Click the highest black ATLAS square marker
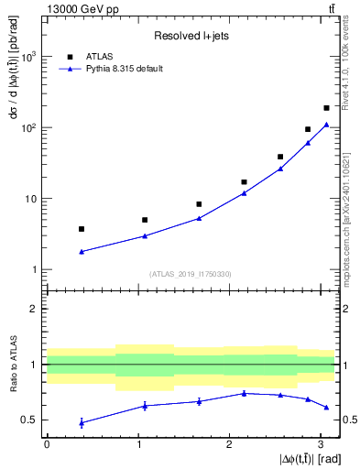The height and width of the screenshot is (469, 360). pyautogui.click(x=326, y=108)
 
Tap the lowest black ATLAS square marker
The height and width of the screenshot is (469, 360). pyautogui.click(x=82, y=229)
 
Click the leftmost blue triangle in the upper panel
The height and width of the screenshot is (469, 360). pyautogui.click(x=82, y=252)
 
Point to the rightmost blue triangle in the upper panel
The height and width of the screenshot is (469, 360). pyautogui.click(x=326, y=125)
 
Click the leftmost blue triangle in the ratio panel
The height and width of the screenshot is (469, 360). pyautogui.click(x=82, y=422)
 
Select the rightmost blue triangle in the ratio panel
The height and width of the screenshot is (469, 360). pyautogui.click(x=326, y=407)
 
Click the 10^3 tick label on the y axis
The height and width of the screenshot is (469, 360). pyautogui.click(x=28, y=57)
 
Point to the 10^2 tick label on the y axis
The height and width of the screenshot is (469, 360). pyautogui.click(x=28, y=128)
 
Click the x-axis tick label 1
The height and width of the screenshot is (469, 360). pyautogui.click(x=137, y=444)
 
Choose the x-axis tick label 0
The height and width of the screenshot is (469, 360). pyautogui.click(x=47, y=444)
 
